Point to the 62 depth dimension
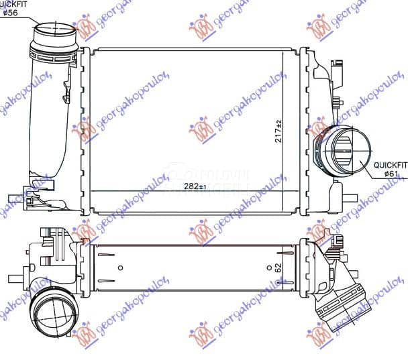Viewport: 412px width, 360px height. [x=277, y=267]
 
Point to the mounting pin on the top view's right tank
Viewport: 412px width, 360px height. [x=350, y=198]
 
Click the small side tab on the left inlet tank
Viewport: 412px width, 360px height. [x=68, y=91]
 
